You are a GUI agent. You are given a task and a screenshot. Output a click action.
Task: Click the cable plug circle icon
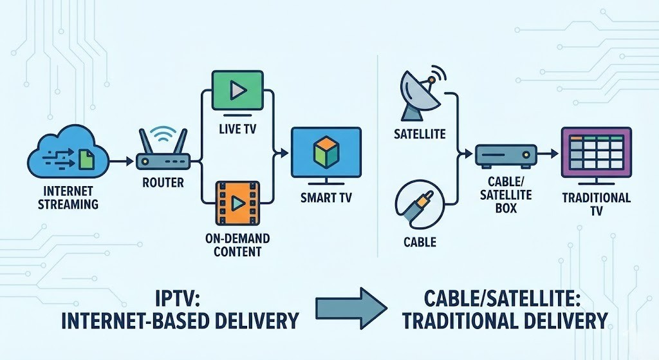tap(421, 206)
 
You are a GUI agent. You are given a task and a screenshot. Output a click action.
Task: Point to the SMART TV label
tap(326, 198)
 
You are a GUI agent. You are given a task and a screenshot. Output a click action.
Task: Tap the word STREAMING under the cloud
tap(68, 204)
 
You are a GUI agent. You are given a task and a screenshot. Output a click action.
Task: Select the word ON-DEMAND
tap(237, 239)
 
